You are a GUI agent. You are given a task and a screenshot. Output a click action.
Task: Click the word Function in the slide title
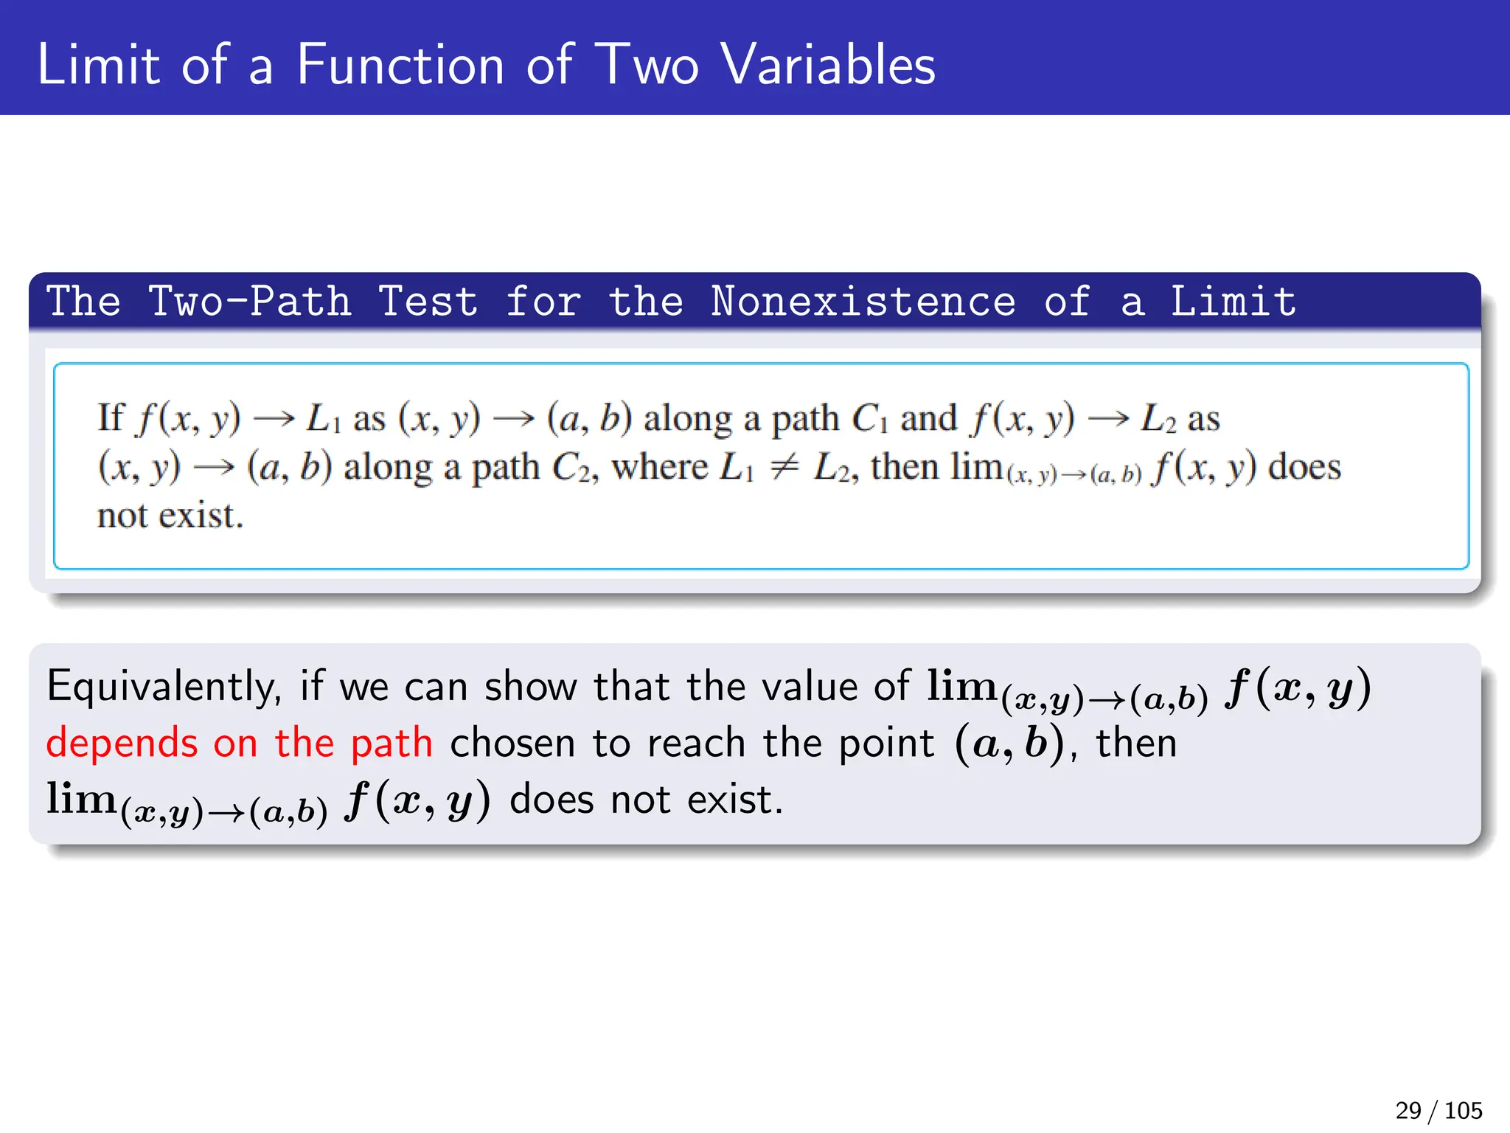pyautogui.click(x=400, y=65)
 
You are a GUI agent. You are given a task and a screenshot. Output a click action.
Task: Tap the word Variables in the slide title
pyautogui.click(x=828, y=65)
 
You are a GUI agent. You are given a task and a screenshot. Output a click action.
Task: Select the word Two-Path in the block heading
pyautogui.click(x=250, y=302)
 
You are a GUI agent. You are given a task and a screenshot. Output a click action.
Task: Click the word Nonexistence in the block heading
pyautogui.click(x=863, y=302)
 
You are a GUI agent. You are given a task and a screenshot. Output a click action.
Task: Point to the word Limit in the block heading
pyautogui.click(x=1234, y=302)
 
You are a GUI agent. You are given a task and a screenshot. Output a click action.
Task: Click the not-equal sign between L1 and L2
pyautogui.click(x=784, y=467)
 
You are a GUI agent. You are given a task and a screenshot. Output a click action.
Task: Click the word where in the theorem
pyautogui.click(x=659, y=467)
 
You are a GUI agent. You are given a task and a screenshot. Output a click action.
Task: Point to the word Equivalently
pyautogui.click(x=164, y=687)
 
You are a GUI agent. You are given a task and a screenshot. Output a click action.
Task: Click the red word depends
pyautogui.click(x=122, y=744)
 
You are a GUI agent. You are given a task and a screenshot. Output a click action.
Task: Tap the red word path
pyautogui.click(x=392, y=744)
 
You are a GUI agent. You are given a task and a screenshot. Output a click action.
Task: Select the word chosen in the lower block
pyautogui.click(x=512, y=744)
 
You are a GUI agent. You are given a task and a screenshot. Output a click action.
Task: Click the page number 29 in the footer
pyautogui.click(x=1408, y=1110)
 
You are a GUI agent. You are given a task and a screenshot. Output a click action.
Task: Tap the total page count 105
pyautogui.click(x=1464, y=1110)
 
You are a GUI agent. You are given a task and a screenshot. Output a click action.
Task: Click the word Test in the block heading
pyautogui.click(x=428, y=302)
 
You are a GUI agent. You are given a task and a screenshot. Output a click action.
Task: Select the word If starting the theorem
pyautogui.click(x=111, y=417)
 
